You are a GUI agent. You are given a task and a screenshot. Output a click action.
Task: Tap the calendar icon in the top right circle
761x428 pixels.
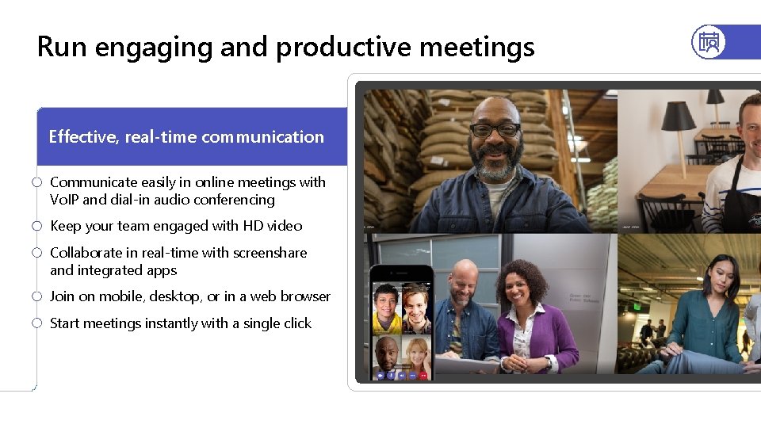click(709, 42)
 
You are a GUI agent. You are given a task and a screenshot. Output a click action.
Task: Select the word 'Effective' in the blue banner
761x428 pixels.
click(82, 136)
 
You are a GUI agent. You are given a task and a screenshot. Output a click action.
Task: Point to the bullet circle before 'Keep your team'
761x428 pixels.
click(36, 226)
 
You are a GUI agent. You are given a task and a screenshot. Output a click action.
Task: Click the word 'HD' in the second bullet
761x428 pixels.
click(253, 226)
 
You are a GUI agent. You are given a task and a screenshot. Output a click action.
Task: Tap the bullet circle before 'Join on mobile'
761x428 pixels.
click(36, 296)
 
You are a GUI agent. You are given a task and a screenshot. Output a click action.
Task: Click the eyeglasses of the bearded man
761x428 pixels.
click(495, 130)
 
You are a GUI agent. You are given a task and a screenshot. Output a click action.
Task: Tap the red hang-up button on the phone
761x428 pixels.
click(423, 374)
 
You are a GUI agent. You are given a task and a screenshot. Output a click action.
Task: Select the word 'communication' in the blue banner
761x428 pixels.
click(262, 136)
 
